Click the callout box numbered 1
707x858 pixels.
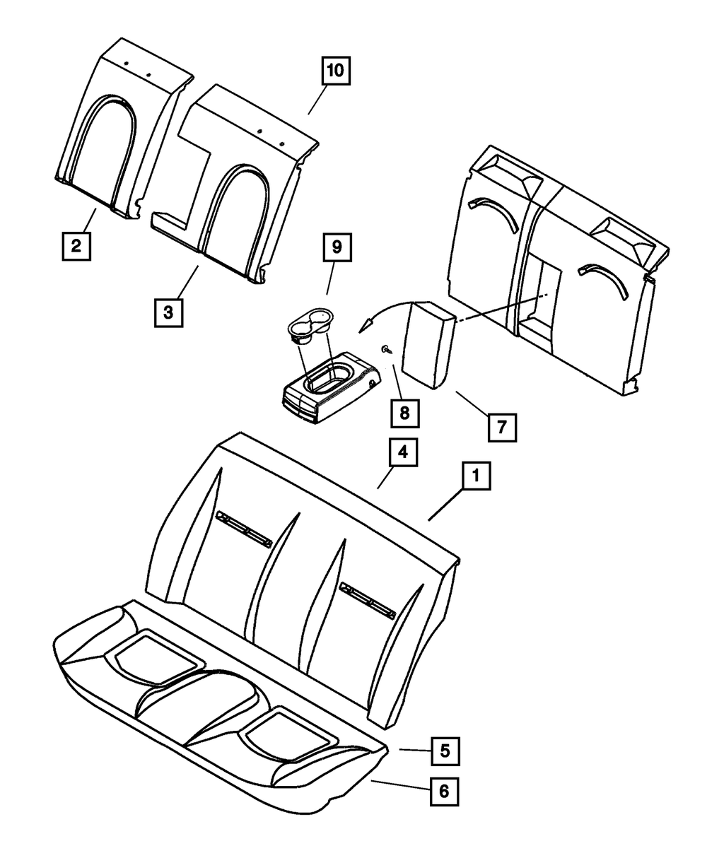tap(477, 477)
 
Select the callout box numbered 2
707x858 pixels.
tap(76, 246)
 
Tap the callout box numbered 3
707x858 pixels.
tap(168, 312)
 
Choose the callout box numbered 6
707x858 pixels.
tap(444, 792)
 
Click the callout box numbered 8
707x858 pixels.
tap(404, 413)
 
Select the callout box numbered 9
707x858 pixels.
tap(337, 247)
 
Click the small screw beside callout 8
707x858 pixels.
tap(385, 349)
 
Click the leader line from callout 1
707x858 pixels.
tap(447, 507)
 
